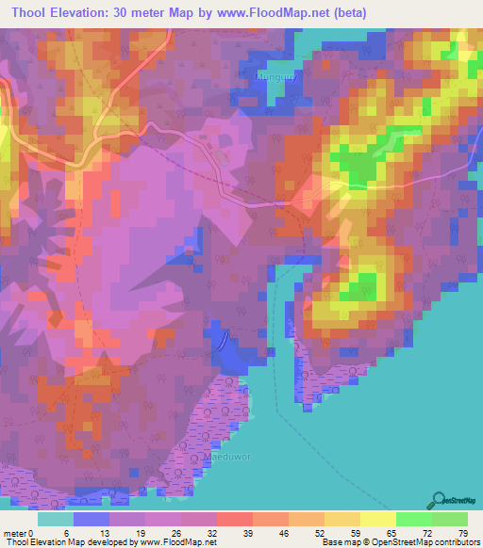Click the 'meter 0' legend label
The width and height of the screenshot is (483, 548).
click(20, 532)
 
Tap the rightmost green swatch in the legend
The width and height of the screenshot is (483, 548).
click(449, 519)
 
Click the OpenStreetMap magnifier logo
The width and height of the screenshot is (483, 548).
click(437, 500)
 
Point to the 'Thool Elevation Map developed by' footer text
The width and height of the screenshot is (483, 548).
click(69, 542)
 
